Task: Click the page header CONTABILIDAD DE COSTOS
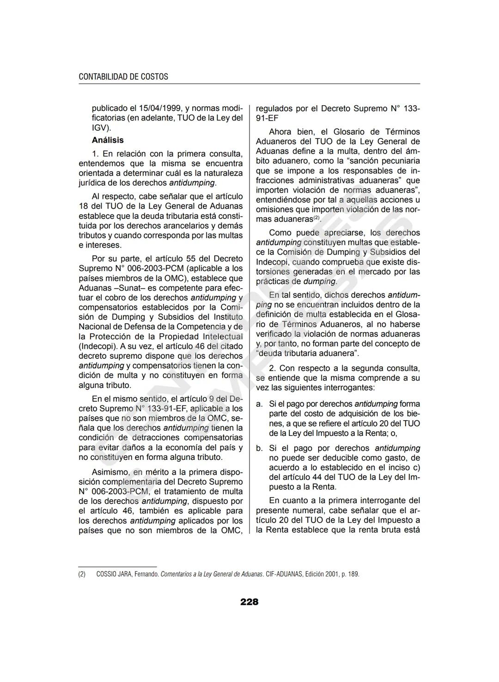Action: (x=123, y=77)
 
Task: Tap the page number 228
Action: (x=249, y=602)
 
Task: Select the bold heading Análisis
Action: (x=108, y=140)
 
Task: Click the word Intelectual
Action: (x=220, y=337)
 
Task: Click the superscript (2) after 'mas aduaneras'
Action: (x=316, y=218)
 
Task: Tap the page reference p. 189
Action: (x=351, y=574)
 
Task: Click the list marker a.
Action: (x=259, y=404)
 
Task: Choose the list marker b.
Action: (x=259, y=448)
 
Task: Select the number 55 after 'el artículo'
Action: (x=190, y=259)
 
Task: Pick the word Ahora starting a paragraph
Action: (x=280, y=132)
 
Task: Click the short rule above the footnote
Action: (x=117, y=567)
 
